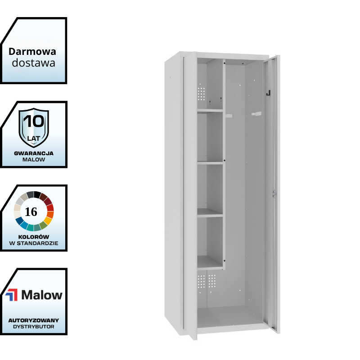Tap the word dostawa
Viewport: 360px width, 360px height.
click(x=34, y=63)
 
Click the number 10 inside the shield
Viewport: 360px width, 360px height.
click(x=34, y=121)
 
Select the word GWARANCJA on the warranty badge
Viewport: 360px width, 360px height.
click(x=34, y=153)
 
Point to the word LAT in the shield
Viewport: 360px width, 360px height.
click(x=34, y=132)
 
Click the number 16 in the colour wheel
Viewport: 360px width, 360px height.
click(x=31, y=212)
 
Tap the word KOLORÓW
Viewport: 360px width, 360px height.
click(x=34, y=237)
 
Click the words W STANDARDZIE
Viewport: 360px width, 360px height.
click(x=34, y=244)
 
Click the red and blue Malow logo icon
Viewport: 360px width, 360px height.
click(x=12, y=295)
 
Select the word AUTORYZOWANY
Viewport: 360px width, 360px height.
click(x=34, y=320)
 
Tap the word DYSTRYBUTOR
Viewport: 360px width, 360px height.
click(x=34, y=327)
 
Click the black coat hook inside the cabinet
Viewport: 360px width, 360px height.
click(x=268, y=94)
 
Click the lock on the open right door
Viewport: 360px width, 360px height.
click(x=273, y=193)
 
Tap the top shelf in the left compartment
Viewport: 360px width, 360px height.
click(x=210, y=110)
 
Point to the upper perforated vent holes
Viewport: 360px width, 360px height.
click(x=202, y=94)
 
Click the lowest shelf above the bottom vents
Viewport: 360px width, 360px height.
click(x=210, y=266)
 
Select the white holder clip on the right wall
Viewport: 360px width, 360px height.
click(x=256, y=114)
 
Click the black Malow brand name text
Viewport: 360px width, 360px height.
click(x=42, y=295)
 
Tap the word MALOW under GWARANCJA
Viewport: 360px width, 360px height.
click(x=34, y=160)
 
